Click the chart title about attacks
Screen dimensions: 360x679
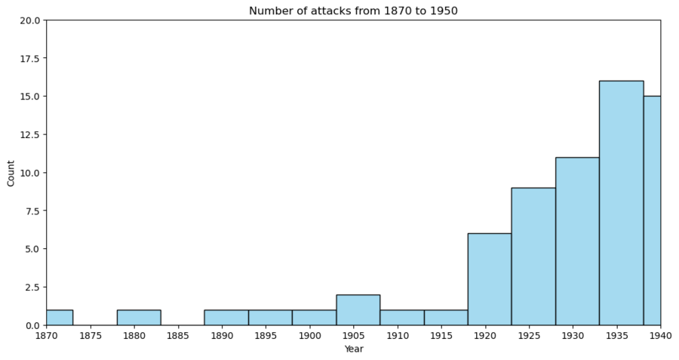pos(353,11)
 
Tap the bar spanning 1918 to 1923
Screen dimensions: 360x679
pos(489,278)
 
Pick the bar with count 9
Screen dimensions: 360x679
pos(533,256)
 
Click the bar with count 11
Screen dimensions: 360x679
pos(577,241)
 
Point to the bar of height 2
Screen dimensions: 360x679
pos(358,309)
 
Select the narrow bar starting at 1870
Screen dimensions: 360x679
pos(60,317)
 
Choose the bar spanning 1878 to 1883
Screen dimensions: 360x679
pos(139,317)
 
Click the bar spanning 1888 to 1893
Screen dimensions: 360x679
pos(226,317)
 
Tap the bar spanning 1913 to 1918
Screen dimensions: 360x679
pos(445,317)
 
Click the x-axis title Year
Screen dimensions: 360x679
pos(353,349)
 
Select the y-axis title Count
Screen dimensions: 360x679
pos(11,172)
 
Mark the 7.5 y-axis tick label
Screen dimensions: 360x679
pos(32,211)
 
